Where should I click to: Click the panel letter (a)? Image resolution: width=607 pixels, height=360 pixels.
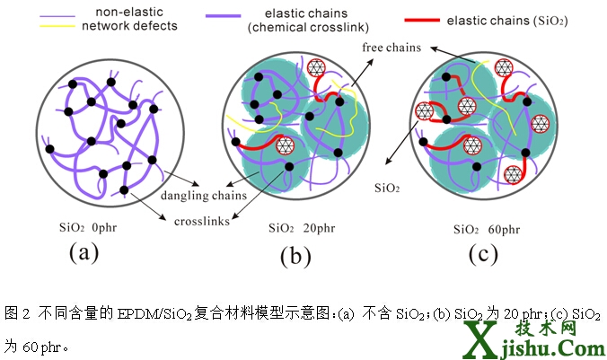(84, 252)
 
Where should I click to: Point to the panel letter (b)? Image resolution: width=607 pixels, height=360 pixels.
(295, 256)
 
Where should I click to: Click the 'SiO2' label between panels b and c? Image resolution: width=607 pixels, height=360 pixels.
(386, 189)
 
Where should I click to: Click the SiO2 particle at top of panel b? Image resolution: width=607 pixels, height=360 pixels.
(316, 66)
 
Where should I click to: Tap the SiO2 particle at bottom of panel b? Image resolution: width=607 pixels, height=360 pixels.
(286, 145)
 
